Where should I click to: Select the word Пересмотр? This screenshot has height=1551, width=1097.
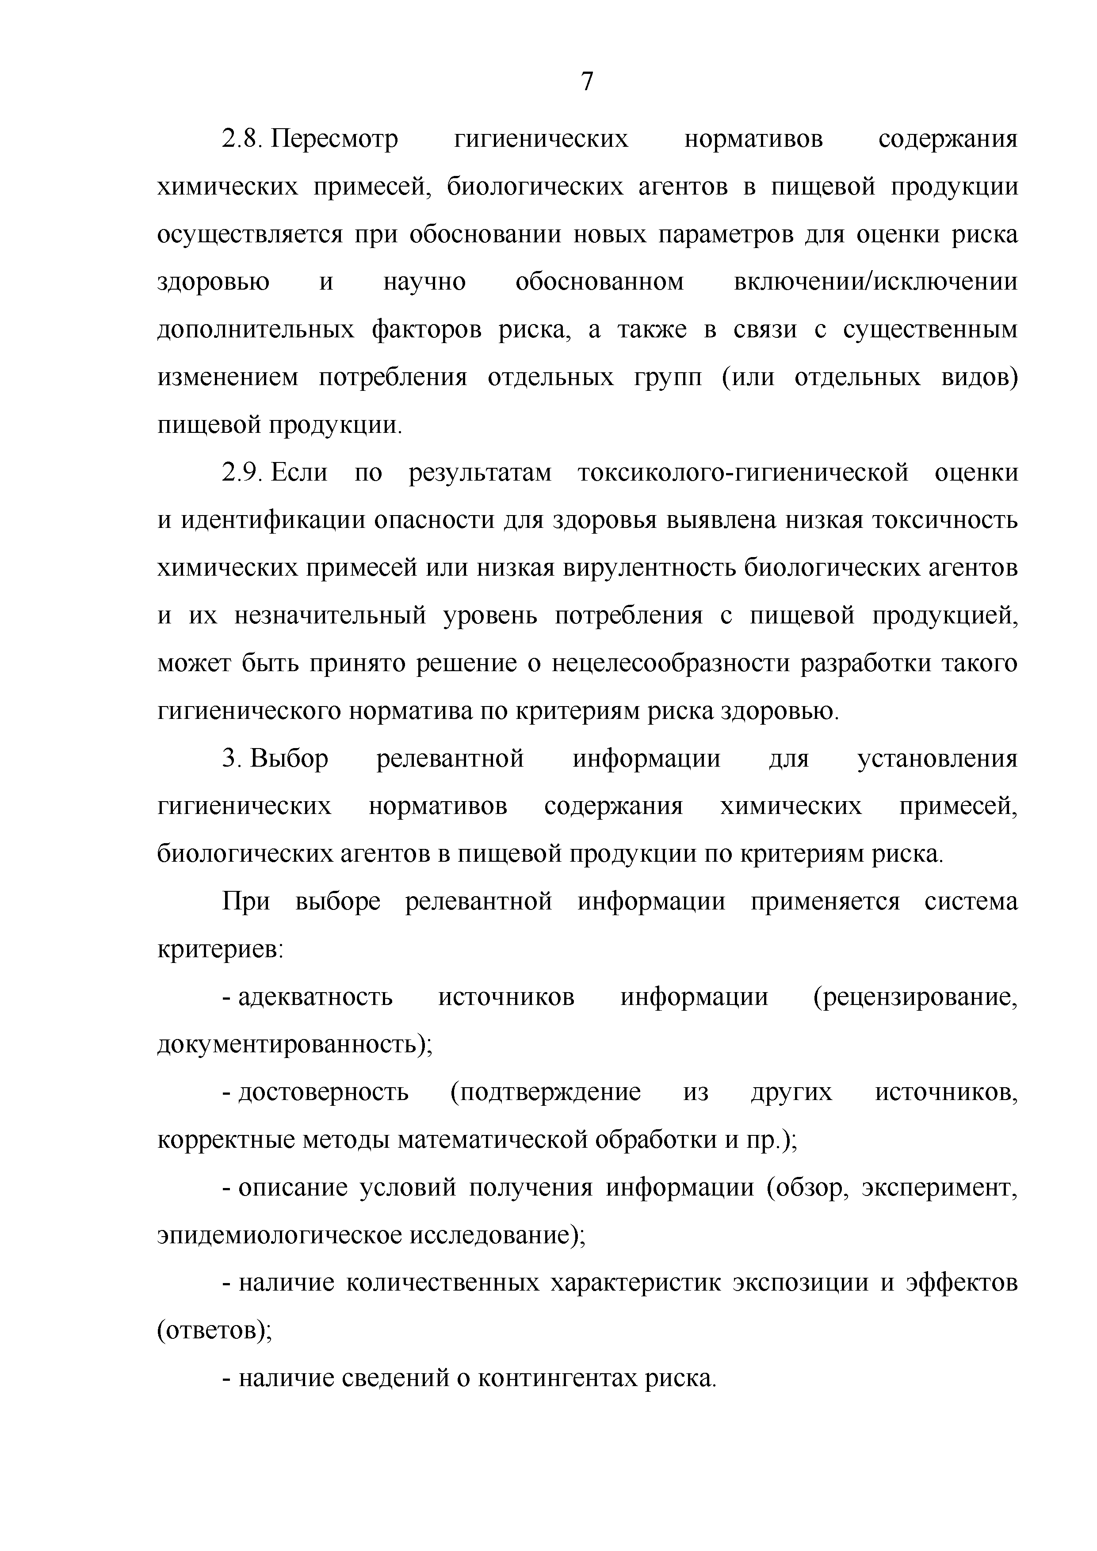[335, 139]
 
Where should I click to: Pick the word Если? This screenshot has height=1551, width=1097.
[299, 473]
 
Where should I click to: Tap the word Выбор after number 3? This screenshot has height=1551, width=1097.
[289, 759]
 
